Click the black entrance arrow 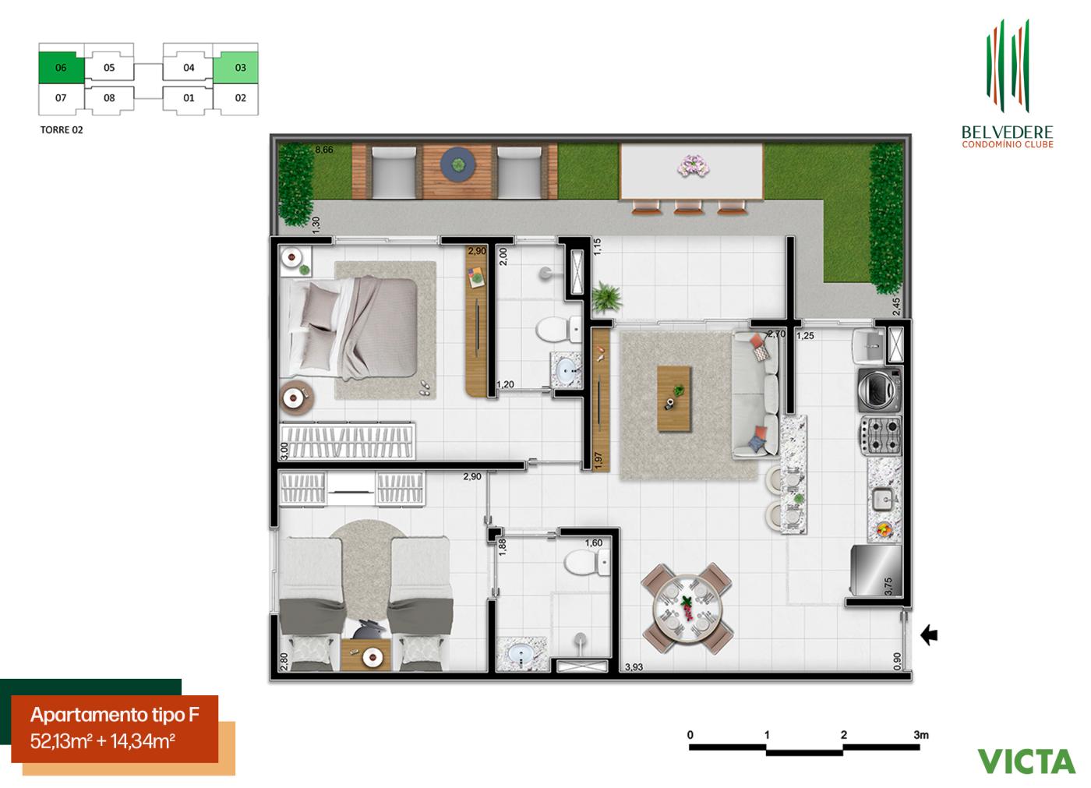pos(929,636)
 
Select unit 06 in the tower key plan pos(61,68)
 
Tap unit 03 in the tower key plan pos(240,68)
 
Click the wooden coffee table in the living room pos(673,398)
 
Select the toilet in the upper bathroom pos(557,330)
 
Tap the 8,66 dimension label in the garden pos(324,150)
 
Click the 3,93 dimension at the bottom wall pos(637,667)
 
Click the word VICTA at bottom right pos(1026,761)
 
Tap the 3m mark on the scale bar pos(921,734)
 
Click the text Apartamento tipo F pos(114,716)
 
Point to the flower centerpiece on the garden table pos(690,164)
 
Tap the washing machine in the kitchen pos(879,390)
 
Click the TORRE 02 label pos(62,130)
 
